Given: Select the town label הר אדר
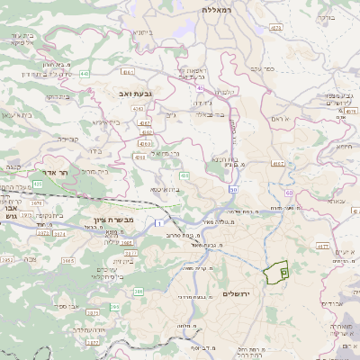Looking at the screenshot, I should pyautogui.click(x=57, y=171).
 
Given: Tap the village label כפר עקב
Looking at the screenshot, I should pyautogui.click(x=263, y=67).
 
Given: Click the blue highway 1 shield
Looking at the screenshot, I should pyautogui.click(x=160, y=221).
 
